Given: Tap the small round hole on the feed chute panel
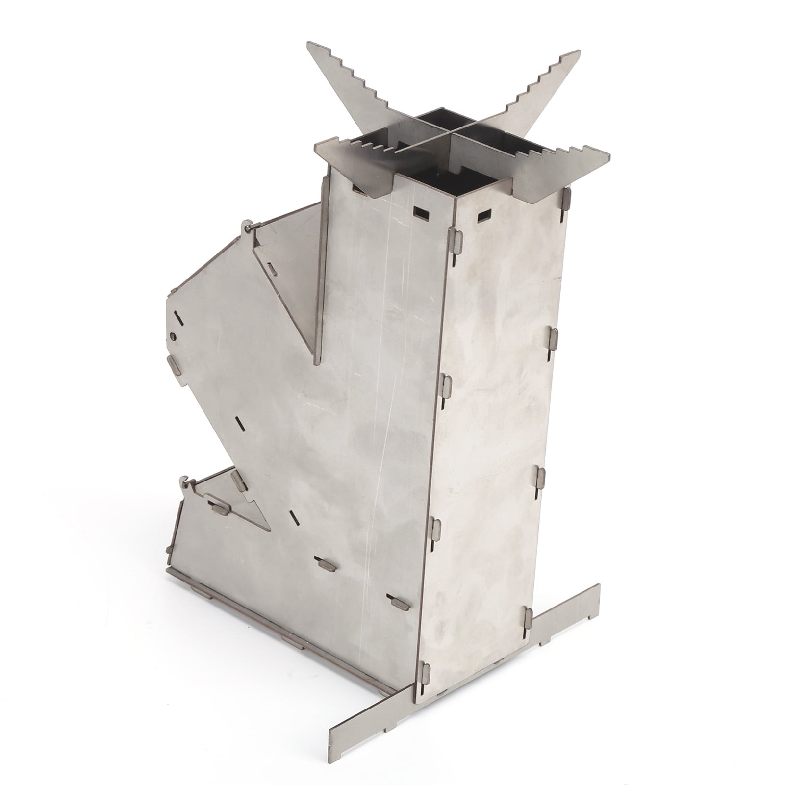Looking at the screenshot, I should coord(173,335).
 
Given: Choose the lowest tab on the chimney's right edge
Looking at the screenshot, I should coord(528,618).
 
